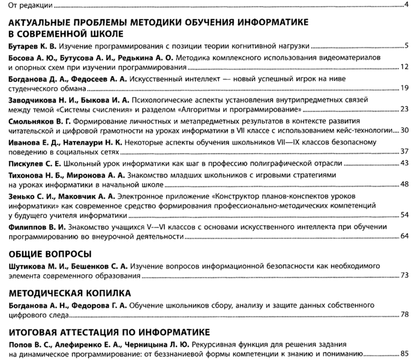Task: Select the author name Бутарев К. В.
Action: click(x=34, y=46)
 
